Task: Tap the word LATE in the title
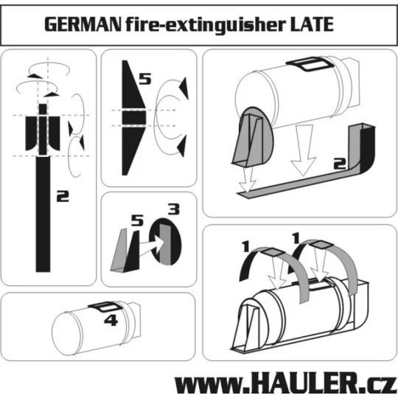click(307, 25)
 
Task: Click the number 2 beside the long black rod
click(64, 197)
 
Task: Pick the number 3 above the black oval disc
click(173, 209)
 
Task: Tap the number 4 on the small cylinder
click(111, 321)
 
